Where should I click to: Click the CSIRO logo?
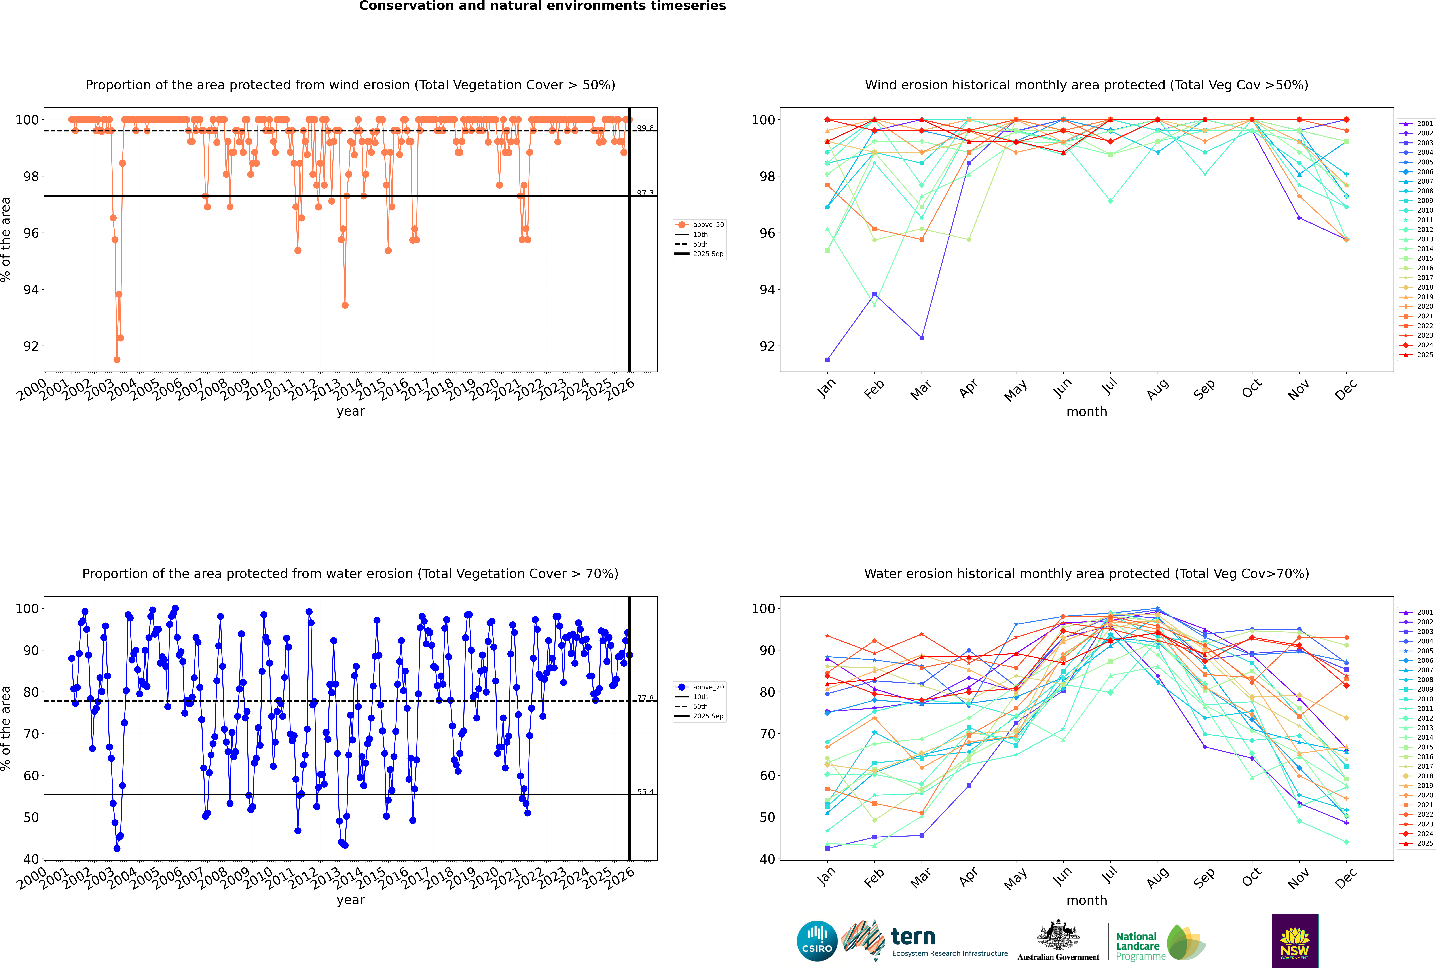[x=817, y=941]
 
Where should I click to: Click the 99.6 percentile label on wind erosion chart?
[x=645, y=128]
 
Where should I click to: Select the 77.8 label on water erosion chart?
[x=645, y=698]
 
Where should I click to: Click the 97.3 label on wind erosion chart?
[x=645, y=193]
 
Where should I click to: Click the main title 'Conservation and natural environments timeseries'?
[x=542, y=6]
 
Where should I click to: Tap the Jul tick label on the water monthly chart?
[x=1109, y=875]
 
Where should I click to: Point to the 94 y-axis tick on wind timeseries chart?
[x=31, y=290]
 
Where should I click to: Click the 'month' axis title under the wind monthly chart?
[x=1087, y=412]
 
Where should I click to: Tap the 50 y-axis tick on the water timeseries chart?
[x=31, y=817]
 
